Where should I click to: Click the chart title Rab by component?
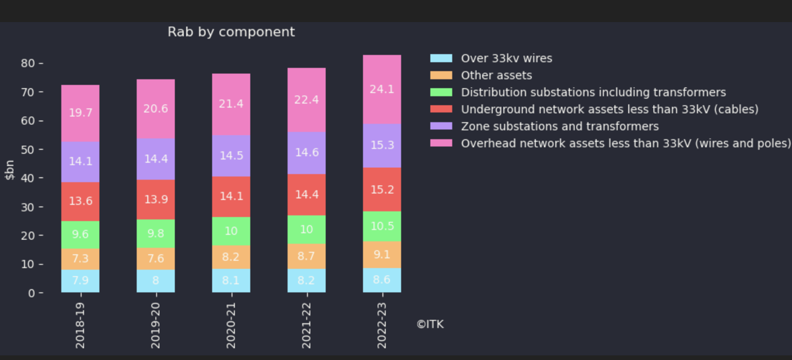(x=231, y=32)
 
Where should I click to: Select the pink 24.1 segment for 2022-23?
(x=382, y=89)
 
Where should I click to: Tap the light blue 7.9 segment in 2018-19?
(x=80, y=280)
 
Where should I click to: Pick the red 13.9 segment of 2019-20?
(x=156, y=199)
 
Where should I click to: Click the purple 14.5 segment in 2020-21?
(x=231, y=156)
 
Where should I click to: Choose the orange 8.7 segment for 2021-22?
(x=307, y=256)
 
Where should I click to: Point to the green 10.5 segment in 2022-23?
(x=382, y=226)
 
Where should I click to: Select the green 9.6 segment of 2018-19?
(x=80, y=235)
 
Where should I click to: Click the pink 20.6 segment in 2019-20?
(x=156, y=109)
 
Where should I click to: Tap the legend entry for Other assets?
(x=496, y=75)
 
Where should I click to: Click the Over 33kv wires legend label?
(x=506, y=58)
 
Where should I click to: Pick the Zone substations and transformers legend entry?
(x=560, y=126)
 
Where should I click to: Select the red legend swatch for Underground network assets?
(x=441, y=109)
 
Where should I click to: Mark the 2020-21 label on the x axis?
(x=231, y=325)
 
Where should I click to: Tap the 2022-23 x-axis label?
(x=382, y=325)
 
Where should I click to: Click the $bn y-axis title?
(x=10, y=170)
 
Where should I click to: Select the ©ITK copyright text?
(x=430, y=324)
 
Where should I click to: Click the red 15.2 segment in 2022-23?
(x=382, y=189)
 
